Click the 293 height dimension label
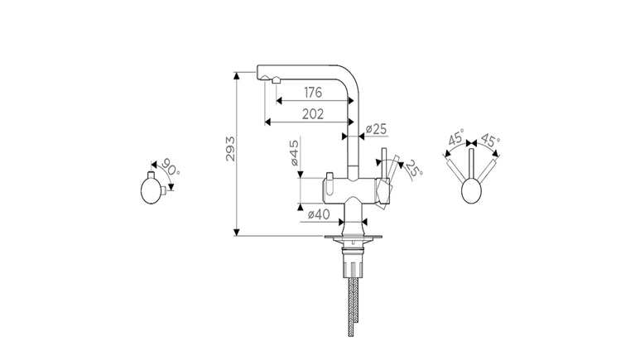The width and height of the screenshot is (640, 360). click(231, 149)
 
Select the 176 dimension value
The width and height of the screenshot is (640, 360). click(313, 93)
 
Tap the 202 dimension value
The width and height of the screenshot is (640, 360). click(313, 114)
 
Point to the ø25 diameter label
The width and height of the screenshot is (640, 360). click(376, 129)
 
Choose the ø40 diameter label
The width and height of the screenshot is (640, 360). click(319, 214)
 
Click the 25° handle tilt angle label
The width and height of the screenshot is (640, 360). click(413, 168)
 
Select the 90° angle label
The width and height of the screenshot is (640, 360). click(170, 166)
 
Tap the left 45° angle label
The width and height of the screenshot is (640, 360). click(456, 137)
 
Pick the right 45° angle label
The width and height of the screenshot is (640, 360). click(489, 140)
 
